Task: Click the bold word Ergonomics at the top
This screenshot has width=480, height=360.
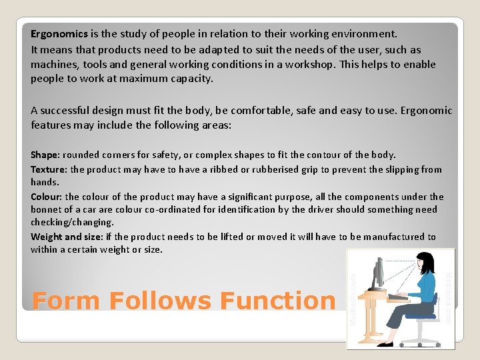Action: tap(59, 33)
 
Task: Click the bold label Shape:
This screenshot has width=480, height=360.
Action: tap(45, 155)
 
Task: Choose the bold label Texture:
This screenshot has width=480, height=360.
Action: tap(49, 169)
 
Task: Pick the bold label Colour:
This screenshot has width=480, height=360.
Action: tap(47, 197)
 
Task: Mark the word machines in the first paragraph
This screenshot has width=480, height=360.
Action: tap(52, 64)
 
